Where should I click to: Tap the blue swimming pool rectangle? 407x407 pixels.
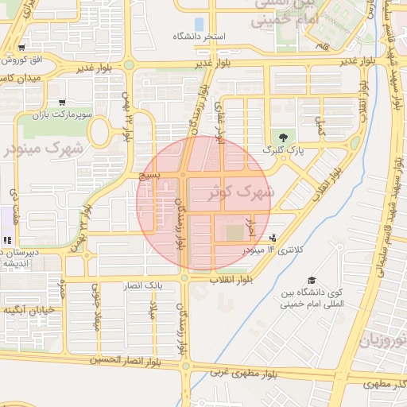coord(198,24)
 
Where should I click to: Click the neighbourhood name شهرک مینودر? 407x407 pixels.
coord(48,147)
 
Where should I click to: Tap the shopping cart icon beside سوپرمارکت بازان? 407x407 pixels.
coord(62,103)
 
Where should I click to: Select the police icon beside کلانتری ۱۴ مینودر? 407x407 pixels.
coord(273,237)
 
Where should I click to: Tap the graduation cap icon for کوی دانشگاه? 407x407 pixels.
coord(312,281)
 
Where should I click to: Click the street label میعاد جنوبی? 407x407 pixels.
coord(99,313)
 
